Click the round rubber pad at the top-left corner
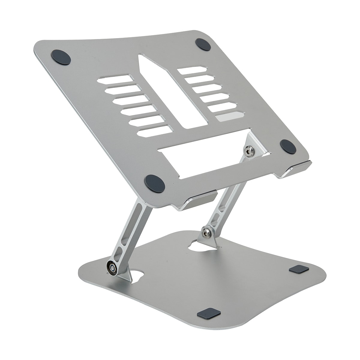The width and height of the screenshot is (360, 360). [x=61, y=57]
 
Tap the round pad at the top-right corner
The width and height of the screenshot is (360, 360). [x=203, y=44]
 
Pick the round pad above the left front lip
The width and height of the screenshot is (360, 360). [x=154, y=184]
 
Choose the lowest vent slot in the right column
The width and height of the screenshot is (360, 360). [x=229, y=115]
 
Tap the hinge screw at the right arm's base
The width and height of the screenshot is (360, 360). [x=206, y=232]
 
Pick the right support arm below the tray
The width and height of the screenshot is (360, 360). [x=225, y=204]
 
